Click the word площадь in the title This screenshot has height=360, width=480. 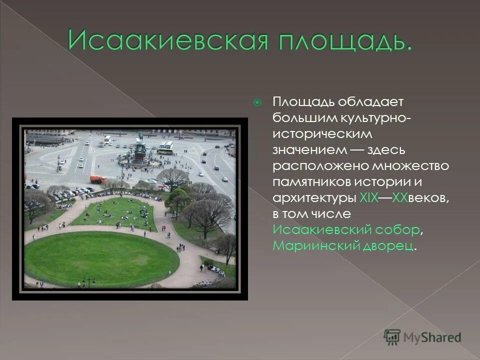(338, 41)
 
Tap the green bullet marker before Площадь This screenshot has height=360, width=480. (257, 103)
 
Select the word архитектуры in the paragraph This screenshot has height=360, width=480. (313, 198)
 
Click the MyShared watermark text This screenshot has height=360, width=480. (433, 337)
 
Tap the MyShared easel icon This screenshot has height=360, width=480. (393, 336)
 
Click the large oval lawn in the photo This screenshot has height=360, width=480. (100, 258)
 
